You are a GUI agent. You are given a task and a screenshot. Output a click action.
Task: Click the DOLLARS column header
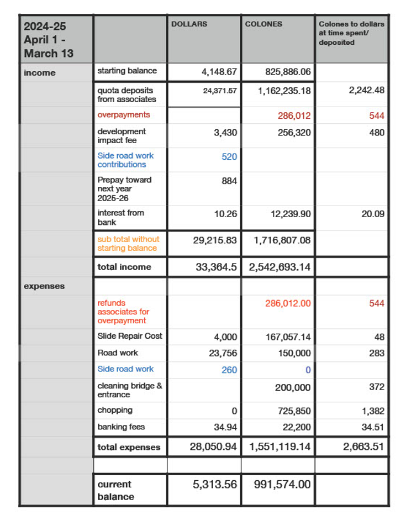tap(189, 24)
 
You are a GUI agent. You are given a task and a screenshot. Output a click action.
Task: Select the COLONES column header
tap(263, 24)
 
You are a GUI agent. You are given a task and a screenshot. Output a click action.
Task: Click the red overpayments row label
tap(124, 115)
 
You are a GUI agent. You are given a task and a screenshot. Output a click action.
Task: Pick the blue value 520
tap(229, 157)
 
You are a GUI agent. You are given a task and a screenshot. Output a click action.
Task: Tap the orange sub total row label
tap(128, 244)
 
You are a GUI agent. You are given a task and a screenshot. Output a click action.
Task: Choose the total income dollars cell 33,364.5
tap(217, 267)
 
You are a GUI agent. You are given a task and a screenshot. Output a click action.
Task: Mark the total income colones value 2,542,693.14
tap(280, 267)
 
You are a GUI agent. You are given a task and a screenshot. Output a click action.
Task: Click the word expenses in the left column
tap(44, 286)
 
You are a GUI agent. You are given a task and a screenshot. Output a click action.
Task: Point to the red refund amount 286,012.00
tap(288, 303)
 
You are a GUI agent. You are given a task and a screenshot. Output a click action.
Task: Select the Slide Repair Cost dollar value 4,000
tap(225, 337)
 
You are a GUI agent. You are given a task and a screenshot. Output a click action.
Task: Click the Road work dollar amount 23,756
tap(223, 353)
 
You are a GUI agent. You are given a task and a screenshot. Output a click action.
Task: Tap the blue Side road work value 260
tap(229, 370)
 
